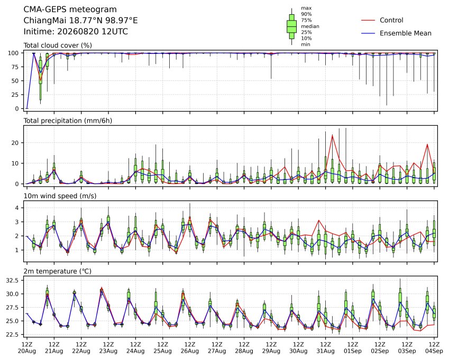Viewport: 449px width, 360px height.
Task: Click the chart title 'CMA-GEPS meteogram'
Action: pyautogui.click(x=70, y=10)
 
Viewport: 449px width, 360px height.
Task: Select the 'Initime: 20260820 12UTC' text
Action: pyautogui.click(x=76, y=32)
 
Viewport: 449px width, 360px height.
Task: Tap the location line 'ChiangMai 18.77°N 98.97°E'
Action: pyautogui.click(x=80, y=21)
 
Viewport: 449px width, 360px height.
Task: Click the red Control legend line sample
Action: pyautogui.click(x=368, y=20)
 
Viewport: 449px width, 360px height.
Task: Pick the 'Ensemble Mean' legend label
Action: pyautogui.click(x=406, y=33)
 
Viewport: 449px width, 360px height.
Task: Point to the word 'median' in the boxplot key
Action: pyautogui.click(x=310, y=26)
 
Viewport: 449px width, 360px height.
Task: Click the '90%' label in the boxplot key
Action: pyautogui.click(x=306, y=14)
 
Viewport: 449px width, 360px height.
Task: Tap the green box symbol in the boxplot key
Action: pyautogui.click(x=292, y=26)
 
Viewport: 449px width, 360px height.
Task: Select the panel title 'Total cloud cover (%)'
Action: pyautogui.click(x=58, y=45)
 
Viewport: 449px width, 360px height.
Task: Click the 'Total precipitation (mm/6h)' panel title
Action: pyautogui.click(x=68, y=121)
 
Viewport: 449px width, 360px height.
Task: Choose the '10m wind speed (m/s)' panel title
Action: pyautogui.click(x=60, y=196)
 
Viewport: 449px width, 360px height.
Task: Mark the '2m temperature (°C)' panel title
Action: pyautogui.click(x=57, y=271)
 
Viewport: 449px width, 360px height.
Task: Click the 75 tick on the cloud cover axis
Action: pyautogui.click(x=15, y=67)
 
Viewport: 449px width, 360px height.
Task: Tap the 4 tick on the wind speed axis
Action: pyautogui.click(x=17, y=208)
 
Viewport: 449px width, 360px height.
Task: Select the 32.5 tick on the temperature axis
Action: pyautogui.click(x=13, y=281)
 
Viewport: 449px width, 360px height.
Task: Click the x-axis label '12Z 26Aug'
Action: pyautogui.click(x=190, y=348)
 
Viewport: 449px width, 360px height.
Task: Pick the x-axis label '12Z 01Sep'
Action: pyautogui.click(x=353, y=348)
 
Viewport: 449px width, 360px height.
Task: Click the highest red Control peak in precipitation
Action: pyautogui.click(x=333, y=135)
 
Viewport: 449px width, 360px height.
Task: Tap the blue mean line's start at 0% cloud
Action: pyautogui.click(x=27, y=108)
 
